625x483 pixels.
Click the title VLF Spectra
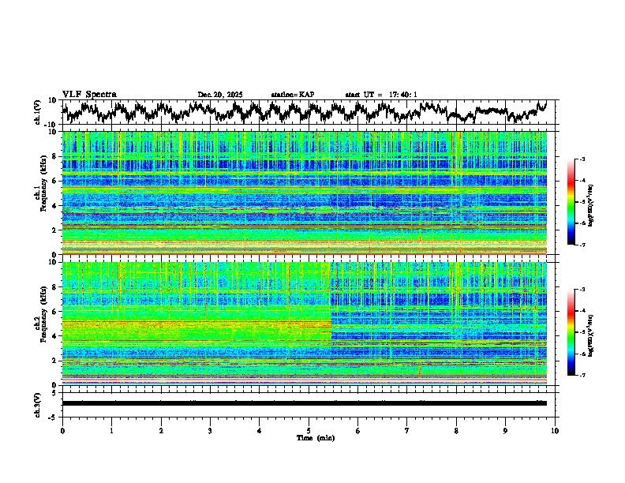coord(89,95)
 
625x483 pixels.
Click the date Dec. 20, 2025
coord(220,95)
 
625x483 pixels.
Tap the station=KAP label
coord(293,95)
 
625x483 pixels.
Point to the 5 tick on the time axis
coord(309,430)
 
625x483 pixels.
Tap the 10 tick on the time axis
coord(555,430)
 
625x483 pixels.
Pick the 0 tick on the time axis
coord(62,430)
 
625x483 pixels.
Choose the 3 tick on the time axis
coord(210,430)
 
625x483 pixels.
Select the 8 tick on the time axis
coord(456,430)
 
